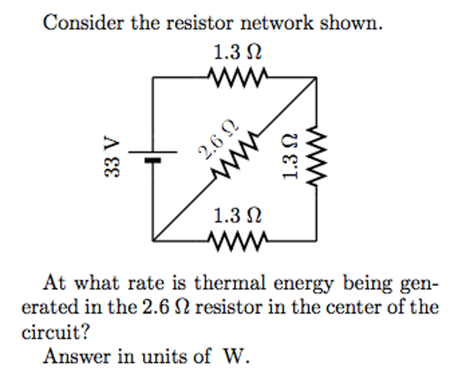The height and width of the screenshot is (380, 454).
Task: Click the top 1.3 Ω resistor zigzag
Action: tap(234, 78)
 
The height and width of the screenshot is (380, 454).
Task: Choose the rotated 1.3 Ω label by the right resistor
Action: tap(291, 158)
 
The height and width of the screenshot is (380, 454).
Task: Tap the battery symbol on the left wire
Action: tap(152, 156)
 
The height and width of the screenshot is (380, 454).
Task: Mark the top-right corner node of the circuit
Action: tap(316, 78)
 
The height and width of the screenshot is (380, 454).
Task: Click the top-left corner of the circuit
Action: tap(152, 78)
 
